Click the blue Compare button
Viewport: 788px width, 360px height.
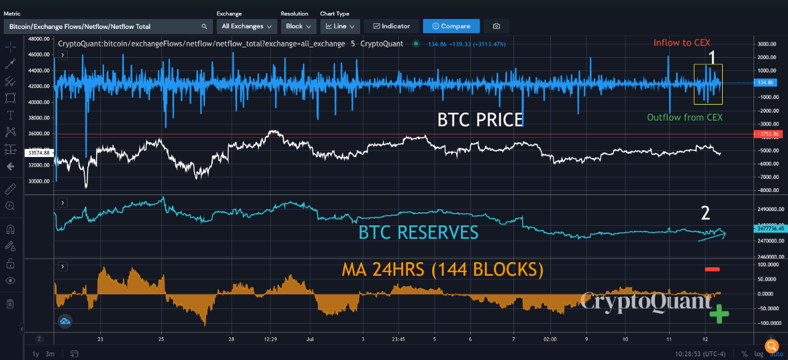pyautogui.click(x=451, y=26)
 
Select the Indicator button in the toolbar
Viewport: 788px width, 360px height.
pyautogui.click(x=391, y=26)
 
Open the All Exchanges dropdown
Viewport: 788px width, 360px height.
pyautogui.click(x=246, y=26)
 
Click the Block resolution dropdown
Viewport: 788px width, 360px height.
pyautogui.click(x=299, y=26)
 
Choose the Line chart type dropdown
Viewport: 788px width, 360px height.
pyautogui.click(x=339, y=26)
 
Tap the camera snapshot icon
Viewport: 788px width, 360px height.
pyautogui.click(x=496, y=26)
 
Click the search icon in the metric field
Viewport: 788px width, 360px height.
pyautogui.click(x=204, y=26)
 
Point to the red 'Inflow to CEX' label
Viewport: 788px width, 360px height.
pyautogui.click(x=681, y=43)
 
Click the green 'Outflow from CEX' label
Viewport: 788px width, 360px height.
pyautogui.click(x=685, y=118)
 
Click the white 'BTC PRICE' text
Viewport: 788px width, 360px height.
pyautogui.click(x=480, y=119)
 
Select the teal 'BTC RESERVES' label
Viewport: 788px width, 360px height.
pyautogui.click(x=418, y=232)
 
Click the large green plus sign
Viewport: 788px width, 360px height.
pyautogui.click(x=718, y=314)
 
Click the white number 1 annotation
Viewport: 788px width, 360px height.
pyautogui.click(x=712, y=58)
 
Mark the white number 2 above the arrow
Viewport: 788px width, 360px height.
pyautogui.click(x=706, y=213)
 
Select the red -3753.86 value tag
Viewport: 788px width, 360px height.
pyautogui.click(x=769, y=134)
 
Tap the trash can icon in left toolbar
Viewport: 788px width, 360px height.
pyautogui.click(x=10, y=303)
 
